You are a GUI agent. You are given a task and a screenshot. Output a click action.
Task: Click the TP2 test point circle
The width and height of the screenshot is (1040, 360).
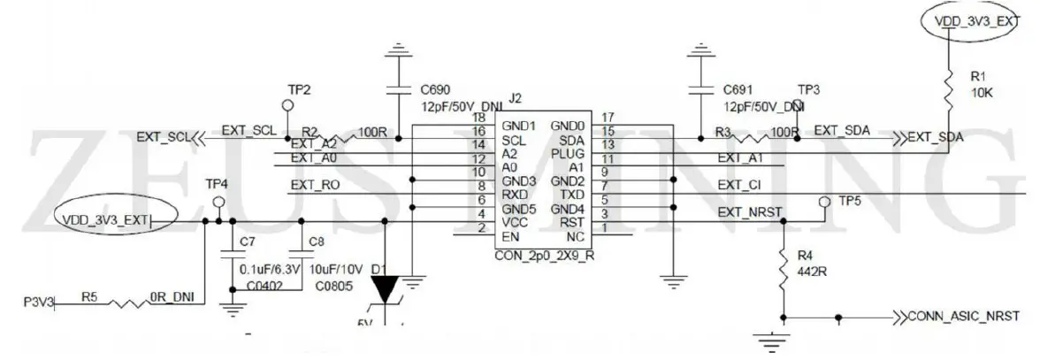pos(287,105)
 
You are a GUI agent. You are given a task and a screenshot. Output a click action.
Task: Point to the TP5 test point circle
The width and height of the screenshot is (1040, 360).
pos(823,202)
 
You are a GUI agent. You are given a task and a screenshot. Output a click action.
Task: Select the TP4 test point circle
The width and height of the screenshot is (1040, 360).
pos(218,203)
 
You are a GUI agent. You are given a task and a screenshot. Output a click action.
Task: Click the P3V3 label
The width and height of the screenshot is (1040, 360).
pos(38,303)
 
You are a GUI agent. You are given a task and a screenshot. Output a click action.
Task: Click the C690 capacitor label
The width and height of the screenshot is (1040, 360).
pos(436,89)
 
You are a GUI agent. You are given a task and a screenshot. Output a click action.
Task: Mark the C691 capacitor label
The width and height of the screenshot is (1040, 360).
pos(738,89)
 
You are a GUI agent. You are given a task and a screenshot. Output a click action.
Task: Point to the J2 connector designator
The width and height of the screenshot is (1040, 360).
pos(517,97)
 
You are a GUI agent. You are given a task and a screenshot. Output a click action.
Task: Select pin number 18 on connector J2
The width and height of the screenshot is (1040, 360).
pos(479,117)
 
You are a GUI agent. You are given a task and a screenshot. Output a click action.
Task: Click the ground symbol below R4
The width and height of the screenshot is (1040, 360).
pos(771,337)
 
